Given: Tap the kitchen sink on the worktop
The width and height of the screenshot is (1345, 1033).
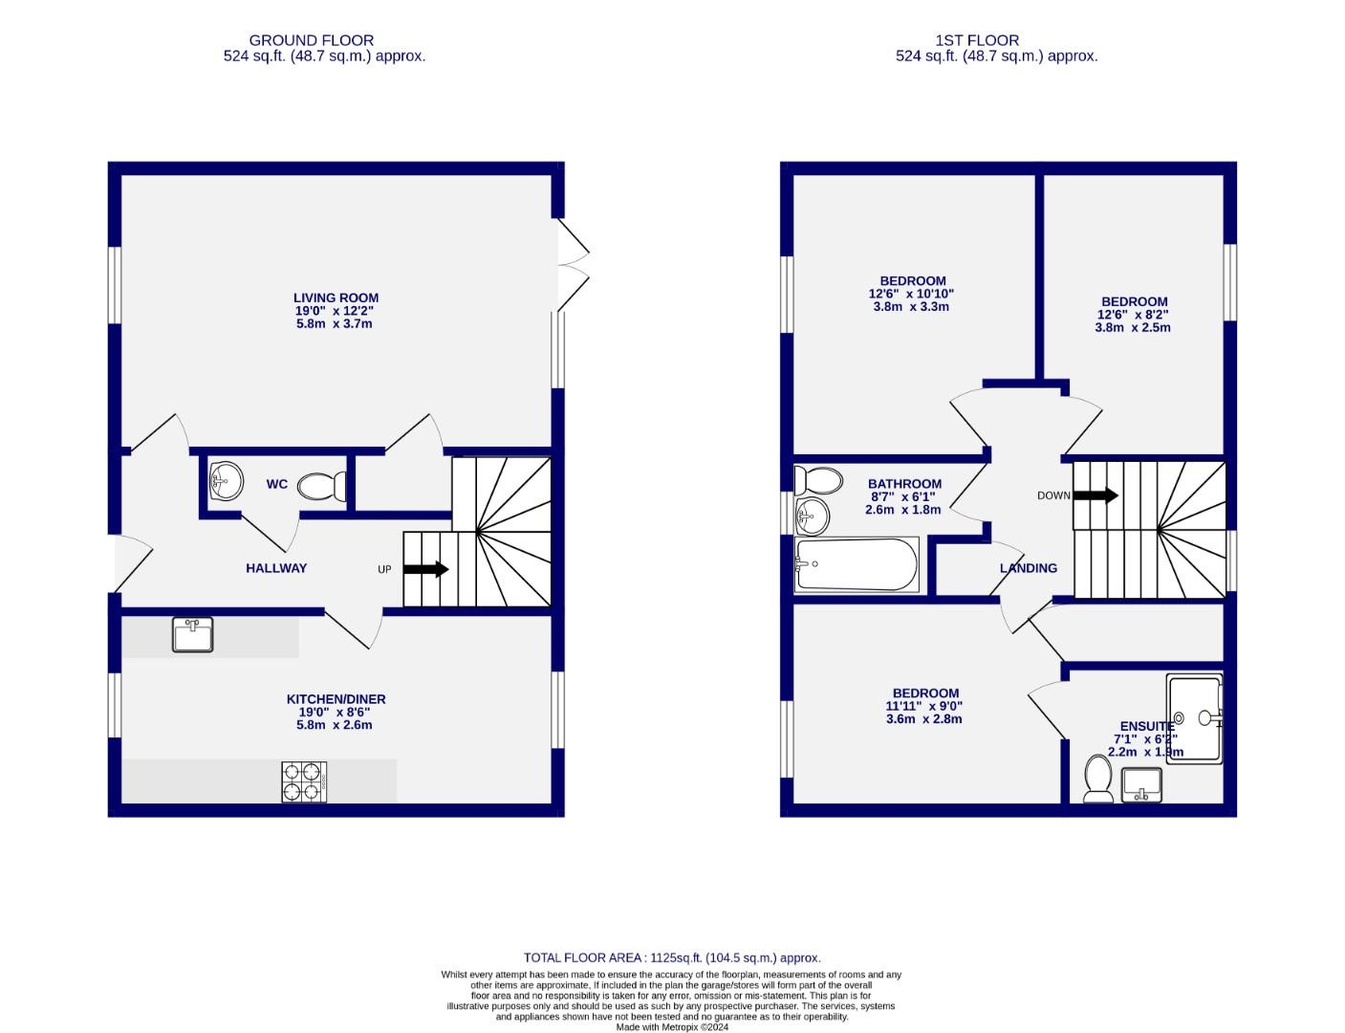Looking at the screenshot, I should click(192, 635).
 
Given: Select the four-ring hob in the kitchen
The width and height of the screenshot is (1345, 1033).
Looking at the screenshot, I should click(304, 781).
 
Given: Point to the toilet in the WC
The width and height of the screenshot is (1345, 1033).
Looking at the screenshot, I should click(322, 487).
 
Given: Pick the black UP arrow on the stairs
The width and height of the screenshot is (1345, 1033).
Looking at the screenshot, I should click(425, 569).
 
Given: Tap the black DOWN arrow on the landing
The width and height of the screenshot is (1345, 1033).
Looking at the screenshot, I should click(1096, 495).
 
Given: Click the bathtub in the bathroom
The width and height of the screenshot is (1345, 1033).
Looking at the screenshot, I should click(856, 564).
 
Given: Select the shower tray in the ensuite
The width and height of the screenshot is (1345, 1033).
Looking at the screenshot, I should click(1194, 719).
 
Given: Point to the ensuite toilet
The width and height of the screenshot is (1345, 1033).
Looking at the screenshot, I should click(1098, 779).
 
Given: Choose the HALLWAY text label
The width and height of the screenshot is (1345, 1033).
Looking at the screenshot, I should click(276, 568).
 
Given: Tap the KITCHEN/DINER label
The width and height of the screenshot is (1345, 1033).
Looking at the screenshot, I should click(336, 699).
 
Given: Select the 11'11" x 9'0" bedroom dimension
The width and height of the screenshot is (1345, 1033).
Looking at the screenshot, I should click(923, 706).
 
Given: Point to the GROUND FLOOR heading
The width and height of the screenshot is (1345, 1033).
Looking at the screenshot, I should click(312, 40).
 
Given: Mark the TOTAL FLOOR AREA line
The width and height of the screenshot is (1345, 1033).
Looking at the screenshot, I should click(672, 957).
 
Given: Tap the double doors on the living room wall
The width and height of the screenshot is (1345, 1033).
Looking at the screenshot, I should click(574, 265).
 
